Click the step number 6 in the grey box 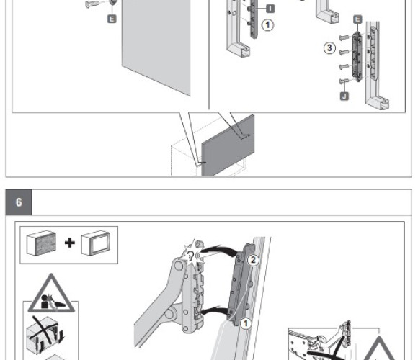click(x=19, y=202)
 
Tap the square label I click(x=270, y=9)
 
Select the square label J click(x=344, y=96)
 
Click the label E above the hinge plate click(x=357, y=19)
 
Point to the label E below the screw click(x=112, y=19)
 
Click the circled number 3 click(x=329, y=48)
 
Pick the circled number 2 click(x=253, y=260)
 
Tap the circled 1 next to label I click(x=267, y=25)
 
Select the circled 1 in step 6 click(x=246, y=323)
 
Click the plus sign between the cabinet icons click(x=70, y=243)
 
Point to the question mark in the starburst click(x=190, y=256)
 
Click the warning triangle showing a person click(x=51, y=294)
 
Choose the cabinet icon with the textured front click(x=41, y=243)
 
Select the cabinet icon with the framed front click(x=96, y=243)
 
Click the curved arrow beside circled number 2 click(x=218, y=251)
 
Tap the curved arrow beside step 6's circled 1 click(x=215, y=310)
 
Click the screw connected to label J click(x=344, y=81)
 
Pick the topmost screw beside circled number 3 click(x=344, y=37)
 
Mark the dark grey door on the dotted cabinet click(x=228, y=146)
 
